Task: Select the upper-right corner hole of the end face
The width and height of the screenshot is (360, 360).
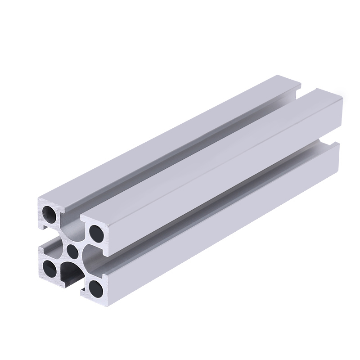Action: [x=95, y=233]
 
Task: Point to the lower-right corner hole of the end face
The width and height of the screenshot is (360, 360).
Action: [x=95, y=287]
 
